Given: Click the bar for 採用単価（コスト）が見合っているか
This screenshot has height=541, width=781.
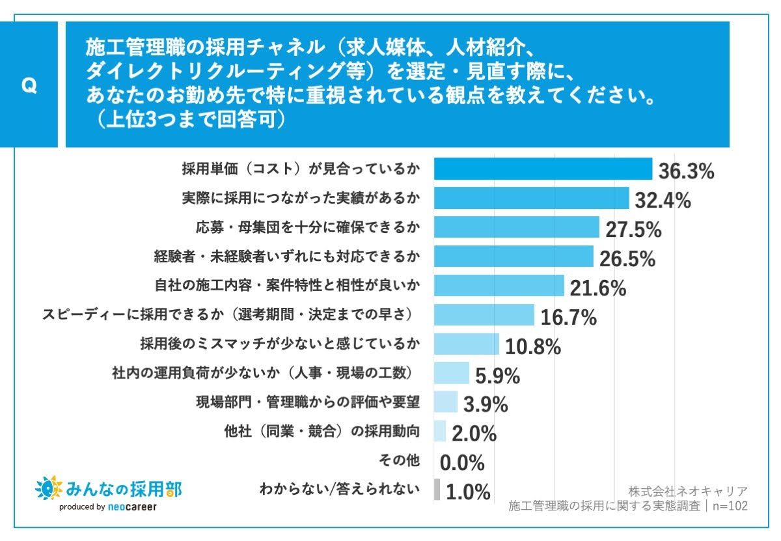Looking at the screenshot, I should click(543, 169).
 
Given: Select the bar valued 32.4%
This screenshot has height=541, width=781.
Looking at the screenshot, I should click(531, 199).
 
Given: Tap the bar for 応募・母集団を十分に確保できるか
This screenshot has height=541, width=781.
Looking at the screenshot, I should click(516, 227).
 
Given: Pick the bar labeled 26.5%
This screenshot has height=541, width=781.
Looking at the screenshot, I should click(514, 257).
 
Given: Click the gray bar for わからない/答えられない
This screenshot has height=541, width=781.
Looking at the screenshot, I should click(437, 490).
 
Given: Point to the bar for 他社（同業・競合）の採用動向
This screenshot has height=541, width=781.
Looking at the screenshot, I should click(440, 431).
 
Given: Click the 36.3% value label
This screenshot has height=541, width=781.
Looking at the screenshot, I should click(686, 172).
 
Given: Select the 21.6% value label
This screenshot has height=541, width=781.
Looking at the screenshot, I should click(597, 288).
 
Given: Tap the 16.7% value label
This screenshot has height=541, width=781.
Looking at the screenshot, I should click(568, 317).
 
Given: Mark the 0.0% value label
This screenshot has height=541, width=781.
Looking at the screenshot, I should click(462, 463).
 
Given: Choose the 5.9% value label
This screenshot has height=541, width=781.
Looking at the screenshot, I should click(498, 376).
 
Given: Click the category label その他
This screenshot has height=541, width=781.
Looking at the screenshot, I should click(399, 460).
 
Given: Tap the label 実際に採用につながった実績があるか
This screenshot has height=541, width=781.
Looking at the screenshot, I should click(301, 199).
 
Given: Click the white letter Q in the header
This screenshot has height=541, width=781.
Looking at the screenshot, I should click(29, 86).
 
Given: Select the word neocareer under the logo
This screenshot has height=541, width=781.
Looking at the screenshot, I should click(131, 507).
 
